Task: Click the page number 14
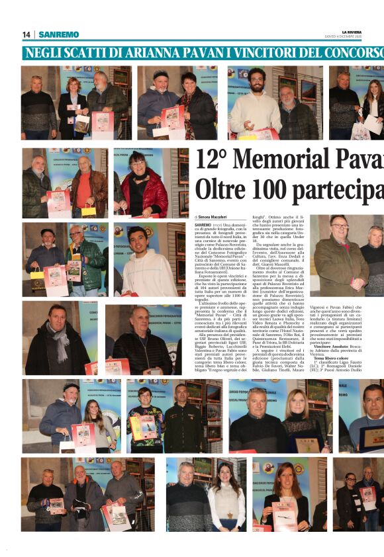pos(26,34)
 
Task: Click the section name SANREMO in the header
pos(58,34)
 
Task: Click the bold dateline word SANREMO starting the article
pos(203,225)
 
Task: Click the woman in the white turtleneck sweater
pos(226,503)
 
